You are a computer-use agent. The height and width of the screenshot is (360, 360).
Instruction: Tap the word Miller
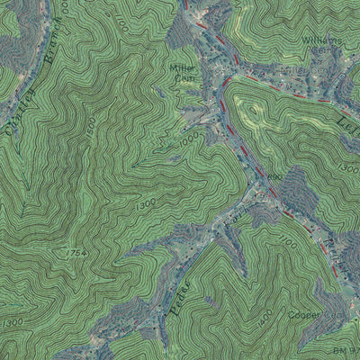184,68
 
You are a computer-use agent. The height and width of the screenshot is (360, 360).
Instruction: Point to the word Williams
322,41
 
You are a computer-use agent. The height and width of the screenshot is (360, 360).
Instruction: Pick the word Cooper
305,316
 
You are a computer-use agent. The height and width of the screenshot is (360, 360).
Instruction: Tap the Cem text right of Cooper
336,317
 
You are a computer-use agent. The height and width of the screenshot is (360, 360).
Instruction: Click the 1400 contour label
265,316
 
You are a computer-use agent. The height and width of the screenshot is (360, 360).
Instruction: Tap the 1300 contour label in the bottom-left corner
13,322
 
